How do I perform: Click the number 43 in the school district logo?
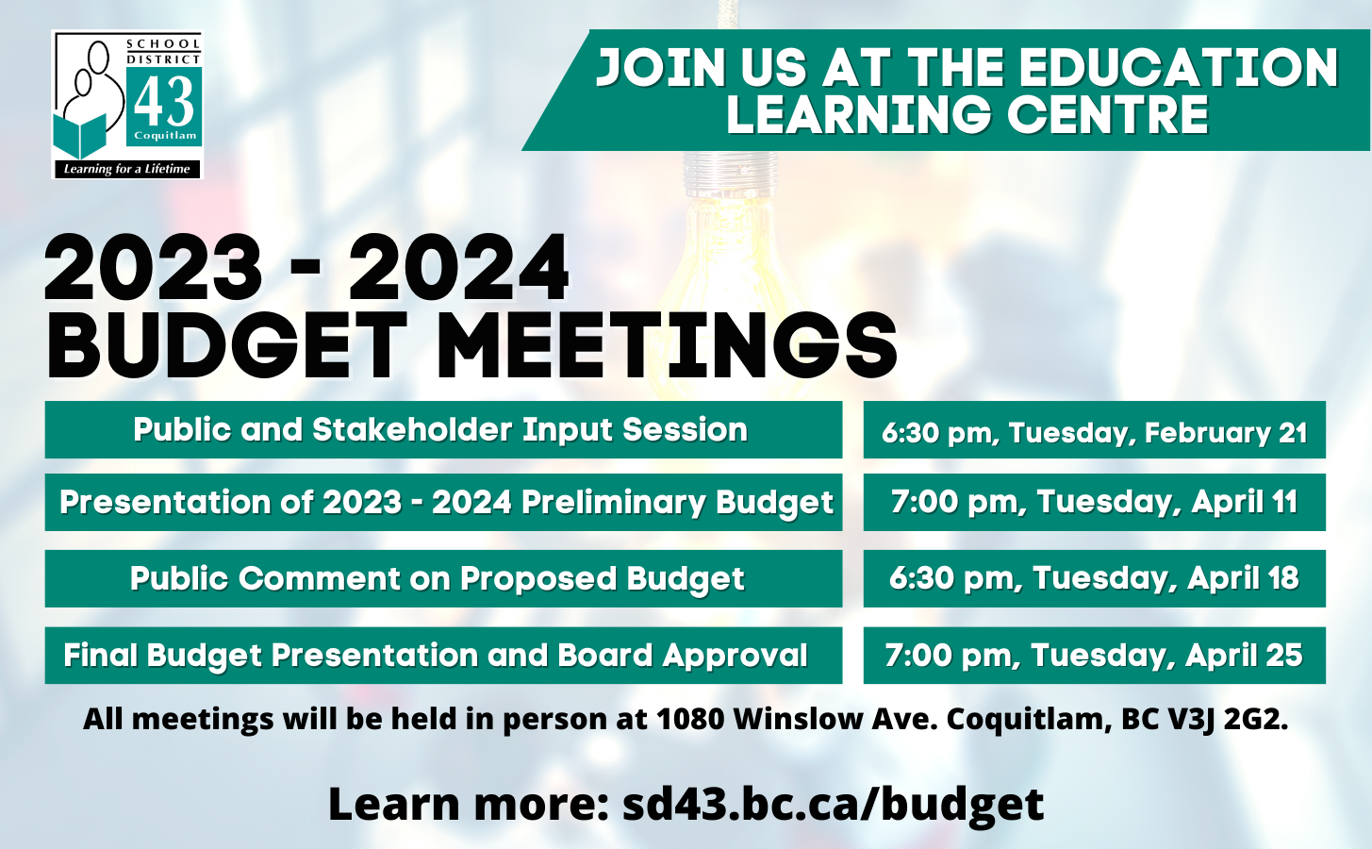[x=163, y=102]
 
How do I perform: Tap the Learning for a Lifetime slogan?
[x=126, y=169]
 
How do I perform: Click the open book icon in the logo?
[x=79, y=136]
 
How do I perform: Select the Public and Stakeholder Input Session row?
[x=443, y=429]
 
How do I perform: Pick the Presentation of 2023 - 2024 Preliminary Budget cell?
[x=443, y=502]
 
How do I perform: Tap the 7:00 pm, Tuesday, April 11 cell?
[x=1095, y=502]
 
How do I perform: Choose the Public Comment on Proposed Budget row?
[x=443, y=579]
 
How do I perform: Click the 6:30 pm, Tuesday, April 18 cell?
[x=1095, y=579]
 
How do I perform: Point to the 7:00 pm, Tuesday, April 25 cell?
[x=1095, y=656]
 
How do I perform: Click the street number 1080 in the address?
[x=690, y=720]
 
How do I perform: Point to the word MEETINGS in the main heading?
[x=667, y=345]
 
